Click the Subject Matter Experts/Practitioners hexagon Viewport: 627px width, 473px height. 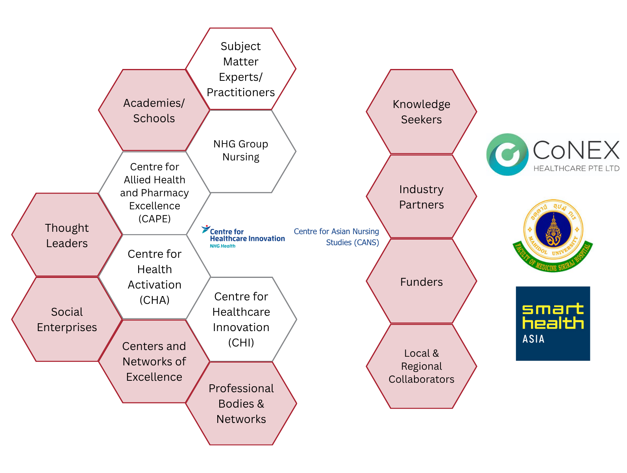241,69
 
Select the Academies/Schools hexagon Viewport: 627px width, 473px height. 154,110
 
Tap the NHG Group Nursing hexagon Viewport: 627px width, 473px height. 241,151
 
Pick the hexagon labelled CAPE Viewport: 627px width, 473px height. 154,193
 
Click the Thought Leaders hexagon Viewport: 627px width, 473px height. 67,235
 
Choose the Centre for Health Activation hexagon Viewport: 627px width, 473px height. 154,277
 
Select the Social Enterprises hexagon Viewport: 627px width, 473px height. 67,319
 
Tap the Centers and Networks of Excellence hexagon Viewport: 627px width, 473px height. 154,361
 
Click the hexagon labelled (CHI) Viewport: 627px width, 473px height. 241,319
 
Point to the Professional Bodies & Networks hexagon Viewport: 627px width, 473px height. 241,404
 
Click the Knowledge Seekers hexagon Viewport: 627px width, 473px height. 421,112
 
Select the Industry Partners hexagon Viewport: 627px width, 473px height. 421,197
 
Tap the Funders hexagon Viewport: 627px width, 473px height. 421,282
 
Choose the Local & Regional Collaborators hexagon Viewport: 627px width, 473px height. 421,366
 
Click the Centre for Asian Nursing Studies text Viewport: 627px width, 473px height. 337,237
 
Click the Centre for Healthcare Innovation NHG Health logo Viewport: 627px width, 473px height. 243,237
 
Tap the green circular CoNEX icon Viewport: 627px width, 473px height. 507,155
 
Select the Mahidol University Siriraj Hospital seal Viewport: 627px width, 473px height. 553,235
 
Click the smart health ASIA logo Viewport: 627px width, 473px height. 553,323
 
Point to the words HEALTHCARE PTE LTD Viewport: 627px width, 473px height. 576,169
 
